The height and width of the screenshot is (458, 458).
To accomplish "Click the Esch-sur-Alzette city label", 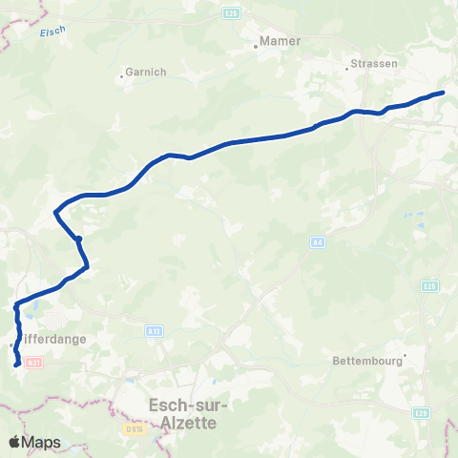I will [x=184, y=412].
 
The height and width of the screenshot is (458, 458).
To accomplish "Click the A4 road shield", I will [x=318, y=243].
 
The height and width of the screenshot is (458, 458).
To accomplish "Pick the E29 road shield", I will [x=421, y=413].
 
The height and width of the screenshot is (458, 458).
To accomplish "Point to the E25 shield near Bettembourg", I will [x=430, y=285].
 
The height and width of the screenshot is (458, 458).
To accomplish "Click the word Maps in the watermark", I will [x=43, y=442].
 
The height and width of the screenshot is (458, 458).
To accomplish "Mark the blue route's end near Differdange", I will [x=17, y=364].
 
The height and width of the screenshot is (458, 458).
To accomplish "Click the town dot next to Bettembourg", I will [x=405, y=356].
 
